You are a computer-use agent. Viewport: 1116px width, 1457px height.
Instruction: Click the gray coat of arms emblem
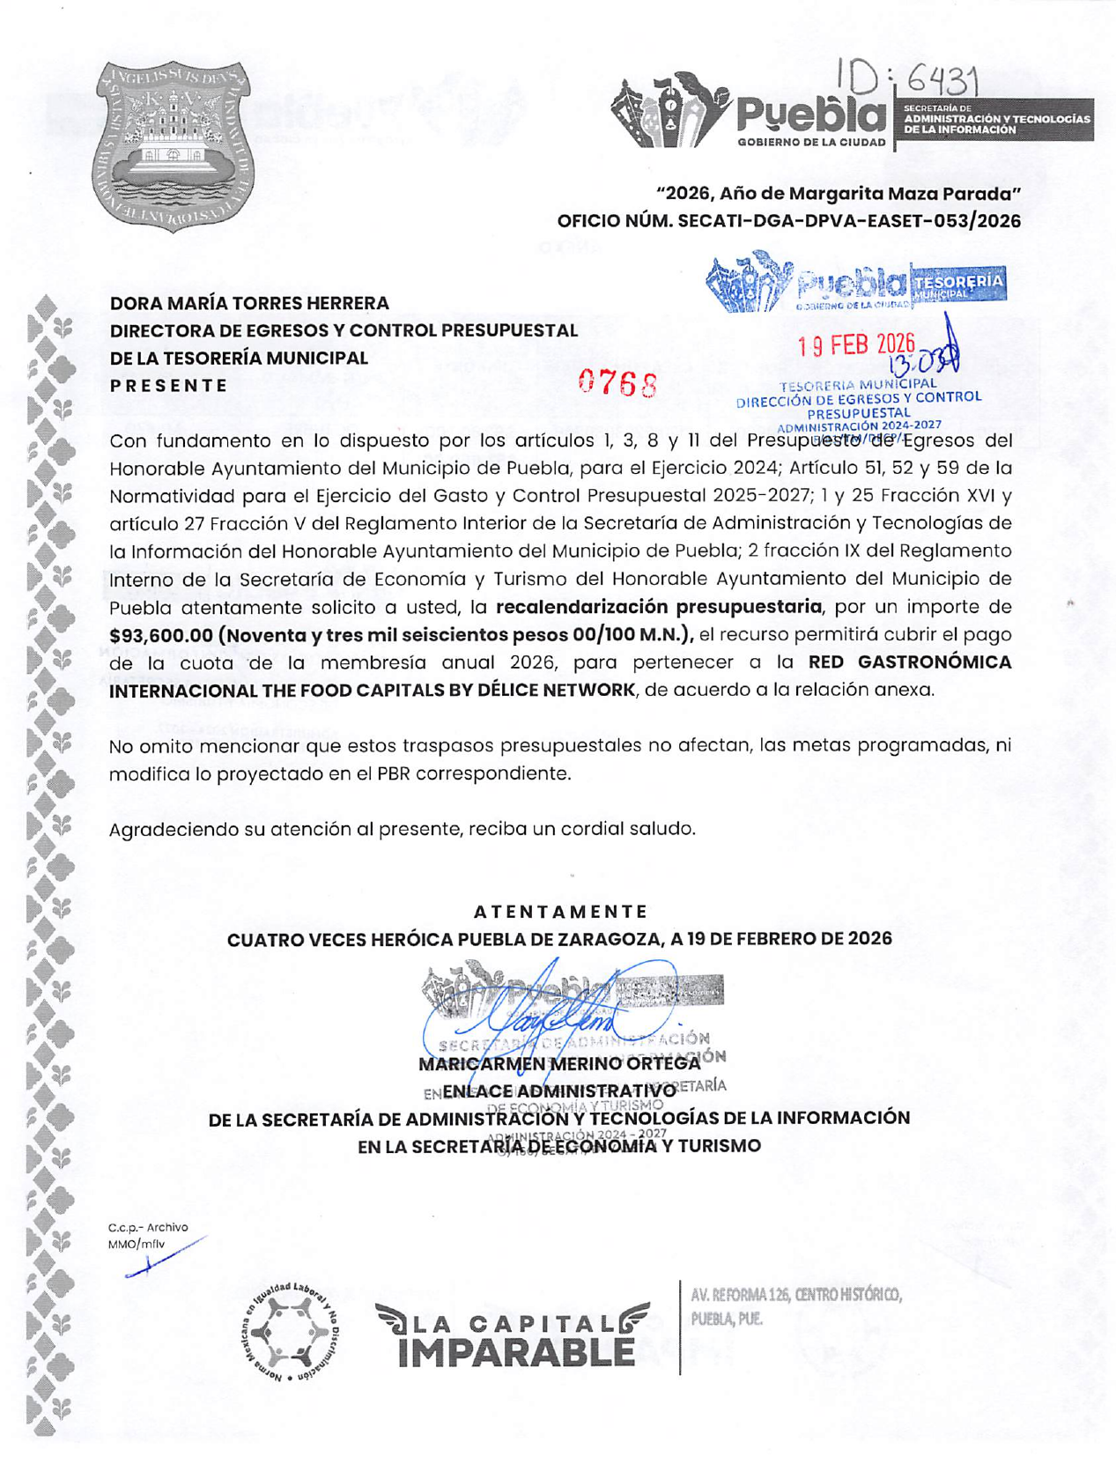pos(173,146)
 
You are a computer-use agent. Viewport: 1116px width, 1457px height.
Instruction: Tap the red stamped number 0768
pos(618,383)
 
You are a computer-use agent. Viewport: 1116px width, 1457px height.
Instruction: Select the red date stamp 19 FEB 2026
pos(856,344)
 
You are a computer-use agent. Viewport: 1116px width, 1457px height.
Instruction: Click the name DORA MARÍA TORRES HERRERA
pos(249,303)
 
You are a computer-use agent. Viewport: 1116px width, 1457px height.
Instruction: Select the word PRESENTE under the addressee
pos(168,386)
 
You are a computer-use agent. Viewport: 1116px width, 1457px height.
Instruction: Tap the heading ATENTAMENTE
pos(560,912)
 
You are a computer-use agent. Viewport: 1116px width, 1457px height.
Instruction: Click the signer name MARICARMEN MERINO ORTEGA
pos(559,1063)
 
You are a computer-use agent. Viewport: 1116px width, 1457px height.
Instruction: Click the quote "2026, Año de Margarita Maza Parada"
pos(839,193)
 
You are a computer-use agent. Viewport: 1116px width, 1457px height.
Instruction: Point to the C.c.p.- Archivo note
pos(148,1227)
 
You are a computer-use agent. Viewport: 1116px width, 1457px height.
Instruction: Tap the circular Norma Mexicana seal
pos(292,1332)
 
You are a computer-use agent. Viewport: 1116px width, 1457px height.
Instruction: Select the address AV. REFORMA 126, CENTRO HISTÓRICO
pos(796,1295)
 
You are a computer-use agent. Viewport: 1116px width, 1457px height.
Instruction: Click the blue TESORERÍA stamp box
pos(957,285)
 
